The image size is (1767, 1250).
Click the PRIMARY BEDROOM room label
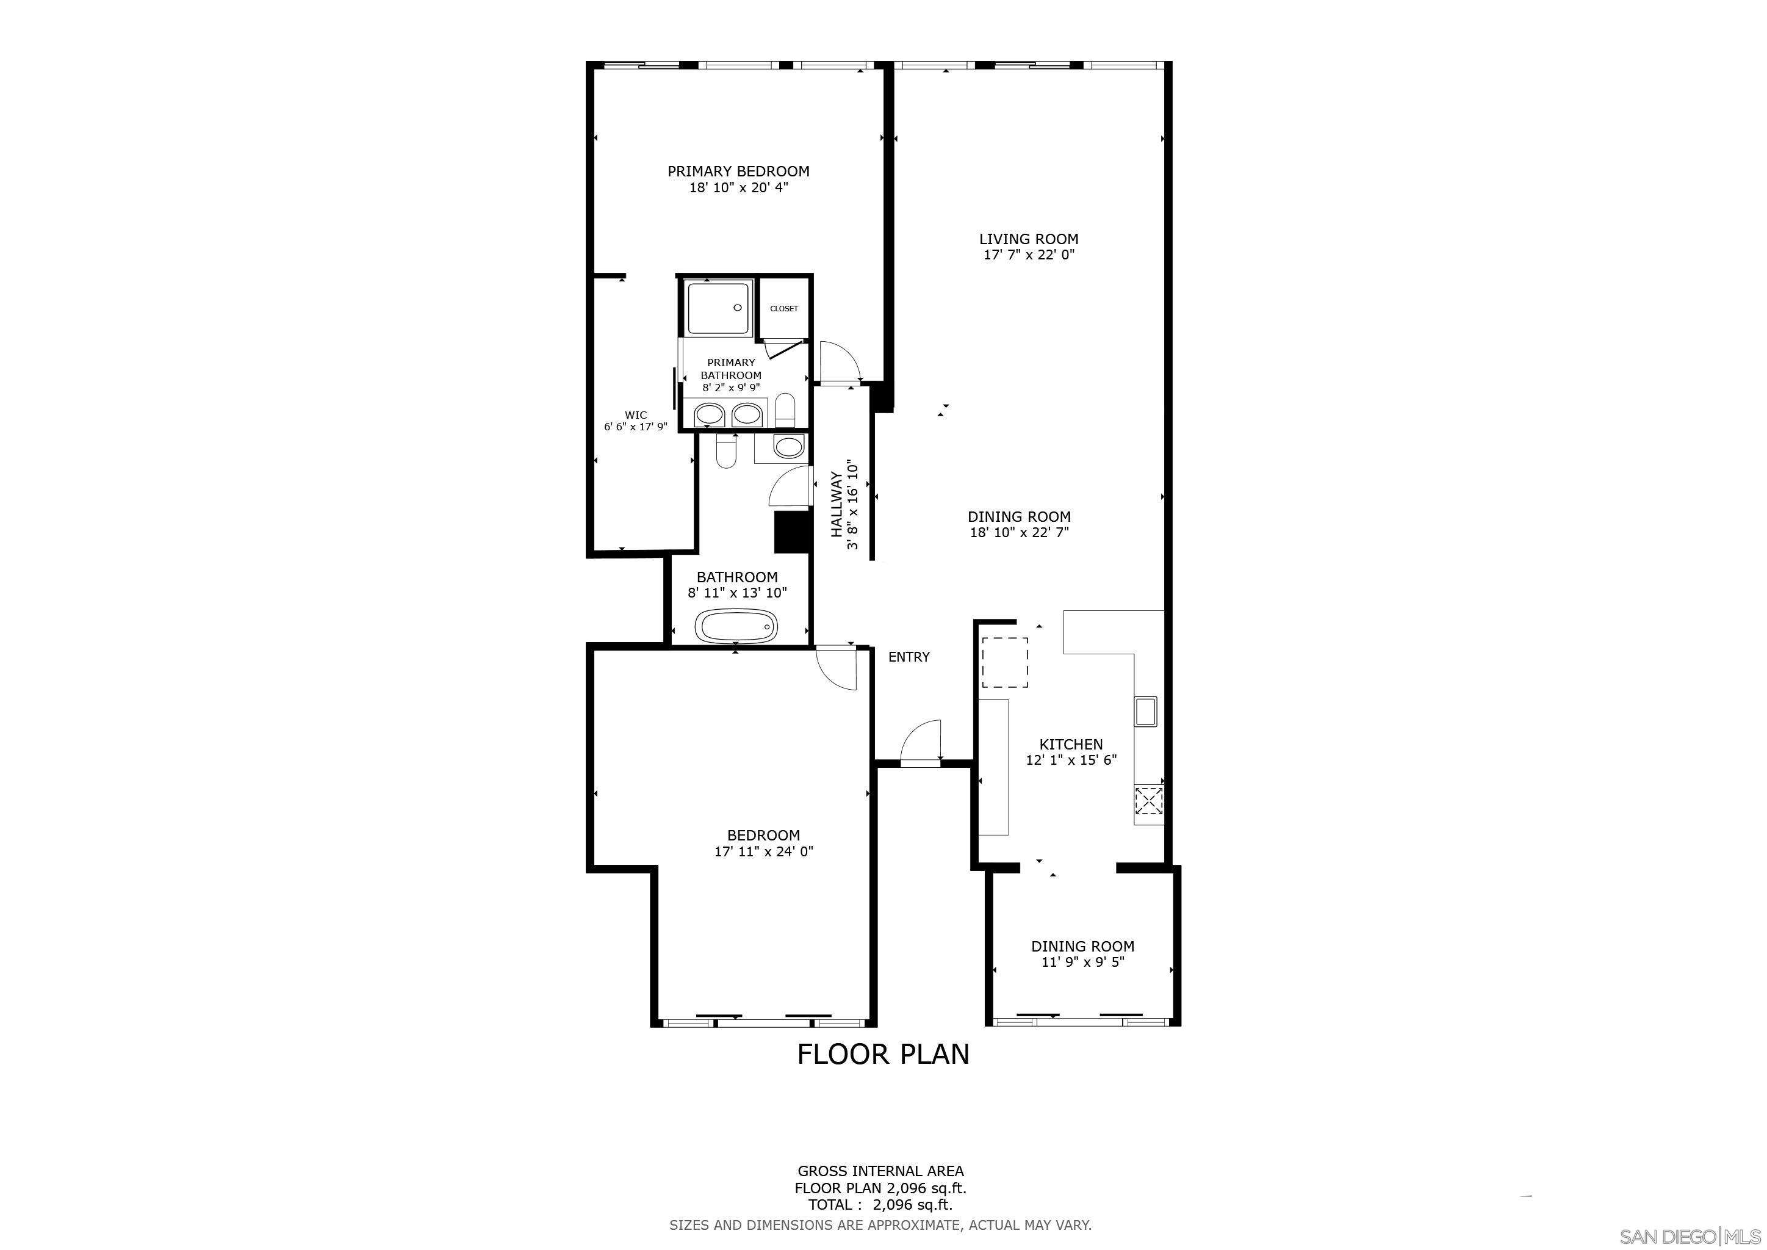click(x=738, y=172)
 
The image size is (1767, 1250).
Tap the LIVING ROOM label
click(x=1028, y=239)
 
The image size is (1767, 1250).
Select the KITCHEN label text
click(x=1071, y=744)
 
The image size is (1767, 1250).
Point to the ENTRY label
click(x=909, y=657)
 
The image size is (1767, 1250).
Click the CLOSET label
click(x=784, y=309)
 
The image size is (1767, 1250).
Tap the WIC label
click(x=636, y=415)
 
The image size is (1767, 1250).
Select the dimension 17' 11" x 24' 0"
click(x=763, y=851)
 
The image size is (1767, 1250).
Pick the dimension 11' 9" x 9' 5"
click(x=1083, y=962)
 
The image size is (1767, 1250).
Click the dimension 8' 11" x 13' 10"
click(x=737, y=593)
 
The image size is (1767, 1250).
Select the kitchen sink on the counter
click(x=1145, y=711)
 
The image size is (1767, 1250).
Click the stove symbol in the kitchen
click(x=1148, y=801)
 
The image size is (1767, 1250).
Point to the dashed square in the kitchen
click(x=1004, y=662)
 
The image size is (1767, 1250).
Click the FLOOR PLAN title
click(x=883, y=1053)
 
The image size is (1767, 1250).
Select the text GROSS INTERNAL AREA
click(x=880, y=1171)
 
